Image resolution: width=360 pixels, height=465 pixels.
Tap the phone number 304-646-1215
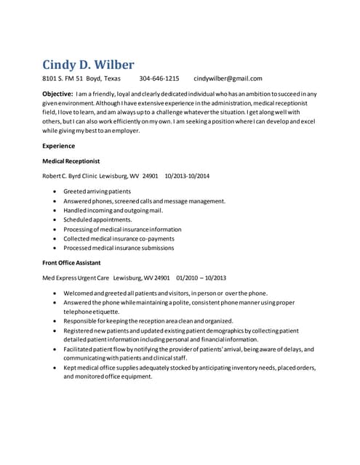coord(159,78)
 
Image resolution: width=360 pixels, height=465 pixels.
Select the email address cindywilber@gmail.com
coord(228,78)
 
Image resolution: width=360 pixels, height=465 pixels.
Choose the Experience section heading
coord(58,146)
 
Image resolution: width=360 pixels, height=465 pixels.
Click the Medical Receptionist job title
coord(71,161)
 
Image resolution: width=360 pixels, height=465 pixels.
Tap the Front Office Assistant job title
coord(71,262)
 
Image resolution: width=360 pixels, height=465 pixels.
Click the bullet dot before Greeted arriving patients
coord(56,191)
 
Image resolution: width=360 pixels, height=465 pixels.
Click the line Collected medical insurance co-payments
coord(119,238)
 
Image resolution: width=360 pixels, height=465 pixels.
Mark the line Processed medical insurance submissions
coord(119,248)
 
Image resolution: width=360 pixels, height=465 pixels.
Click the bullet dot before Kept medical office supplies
coord(56,368)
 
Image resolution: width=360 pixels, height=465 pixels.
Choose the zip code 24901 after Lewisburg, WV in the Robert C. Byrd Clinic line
coord(151,176)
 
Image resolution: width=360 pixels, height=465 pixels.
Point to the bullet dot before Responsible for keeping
coord(56,320)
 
